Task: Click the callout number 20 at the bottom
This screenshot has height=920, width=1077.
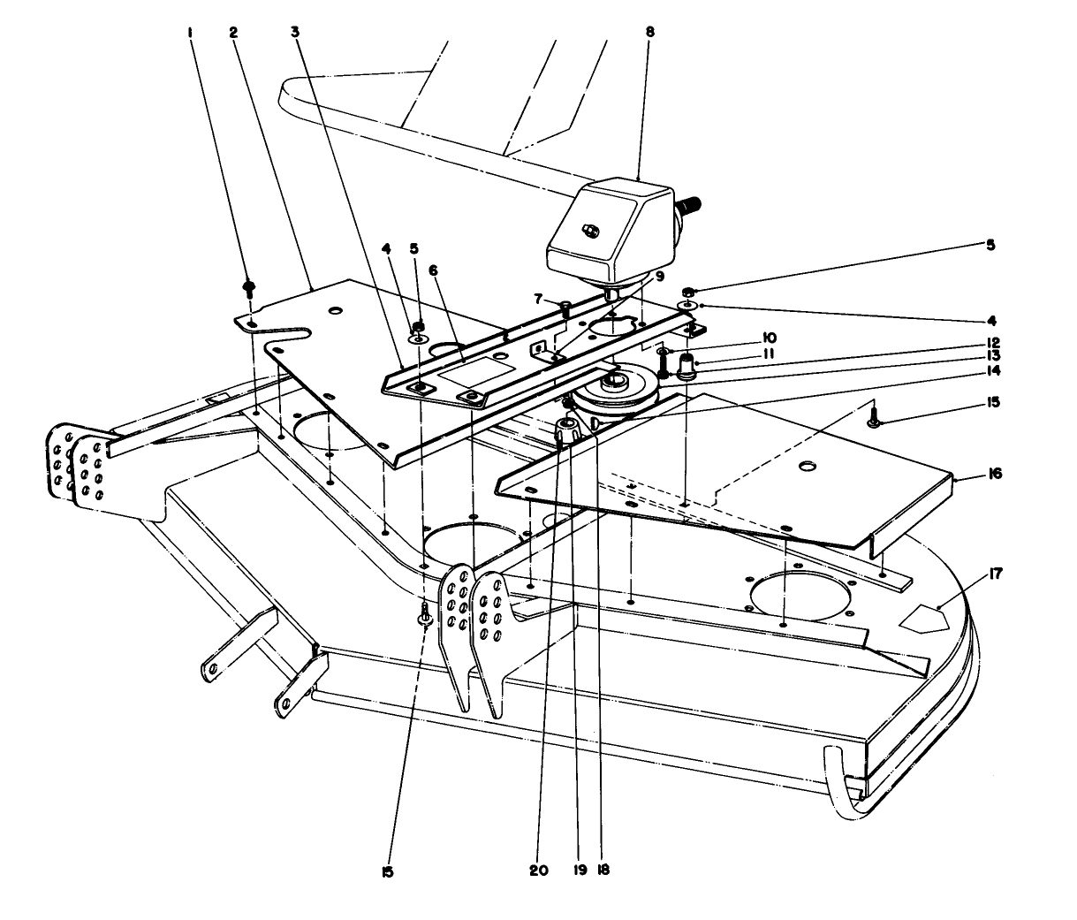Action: tap(539, 870)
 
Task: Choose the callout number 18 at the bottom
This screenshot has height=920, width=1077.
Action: tap(603, 870)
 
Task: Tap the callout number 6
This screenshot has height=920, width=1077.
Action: tap(434, 271)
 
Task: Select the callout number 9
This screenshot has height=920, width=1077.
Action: tap(658, 276)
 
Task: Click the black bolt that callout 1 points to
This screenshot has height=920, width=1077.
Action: tap(250, 287)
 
